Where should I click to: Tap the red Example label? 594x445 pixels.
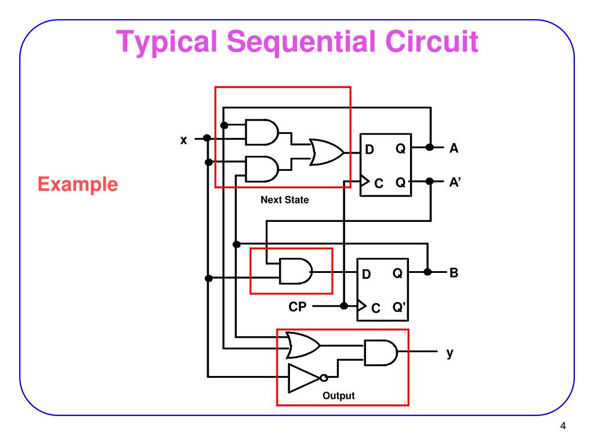click(78, 184)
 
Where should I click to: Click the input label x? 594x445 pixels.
click(183, 140)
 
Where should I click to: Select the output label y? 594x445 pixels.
click(450, 352)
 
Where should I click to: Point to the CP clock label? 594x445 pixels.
click(298, 307)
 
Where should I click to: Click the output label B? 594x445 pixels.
click(454, 272)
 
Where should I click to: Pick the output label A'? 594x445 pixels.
click(455, 181)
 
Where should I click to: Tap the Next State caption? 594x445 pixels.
click(284, 200)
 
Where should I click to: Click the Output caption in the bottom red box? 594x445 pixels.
click(338, 396)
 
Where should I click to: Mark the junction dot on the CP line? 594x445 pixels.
click(344, 305)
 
